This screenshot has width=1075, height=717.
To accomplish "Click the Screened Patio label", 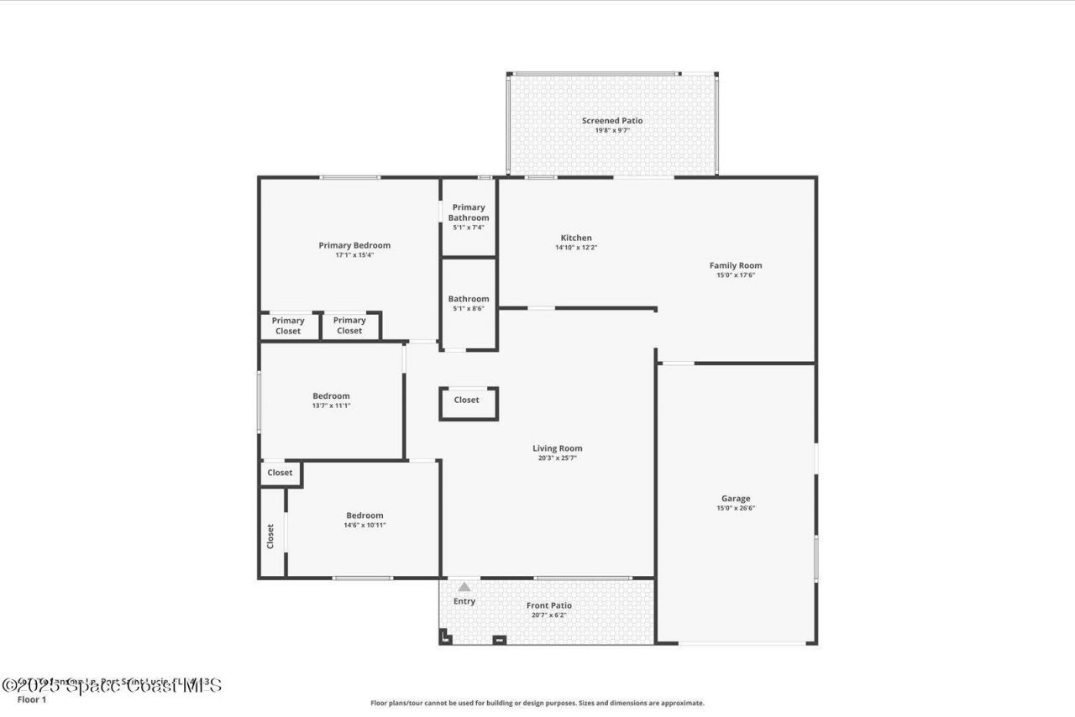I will [612, 121].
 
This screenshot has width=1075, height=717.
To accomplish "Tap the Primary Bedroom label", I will [354, 245].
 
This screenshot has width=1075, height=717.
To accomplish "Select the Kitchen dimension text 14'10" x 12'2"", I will [576, 248].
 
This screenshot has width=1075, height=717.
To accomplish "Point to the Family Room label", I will [736, 265].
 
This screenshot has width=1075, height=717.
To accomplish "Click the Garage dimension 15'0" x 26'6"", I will [736, 508].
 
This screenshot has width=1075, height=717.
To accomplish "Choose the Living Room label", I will [557, 448].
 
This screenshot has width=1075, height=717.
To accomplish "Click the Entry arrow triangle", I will [464, 587].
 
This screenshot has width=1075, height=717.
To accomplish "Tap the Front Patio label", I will [549, 605].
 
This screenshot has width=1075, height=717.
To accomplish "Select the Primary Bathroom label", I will [469, 212].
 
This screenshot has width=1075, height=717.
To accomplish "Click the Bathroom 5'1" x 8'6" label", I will [469, 299].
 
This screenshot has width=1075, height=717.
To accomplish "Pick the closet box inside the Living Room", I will [467, 400].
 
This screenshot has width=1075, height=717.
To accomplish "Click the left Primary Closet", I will [288, 326].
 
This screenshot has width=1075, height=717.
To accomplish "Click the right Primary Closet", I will [349, 326].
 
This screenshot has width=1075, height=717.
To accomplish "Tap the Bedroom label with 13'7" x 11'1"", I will [331, 396].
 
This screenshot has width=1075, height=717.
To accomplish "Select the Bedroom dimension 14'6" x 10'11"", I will [364, 526].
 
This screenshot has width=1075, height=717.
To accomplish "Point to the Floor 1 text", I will [32, 699].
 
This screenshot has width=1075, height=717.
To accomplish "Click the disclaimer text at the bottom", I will [537, 704].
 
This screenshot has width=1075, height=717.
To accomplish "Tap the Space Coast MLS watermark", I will [112, 685].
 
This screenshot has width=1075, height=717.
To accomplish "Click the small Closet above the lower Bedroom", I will [280, 473].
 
